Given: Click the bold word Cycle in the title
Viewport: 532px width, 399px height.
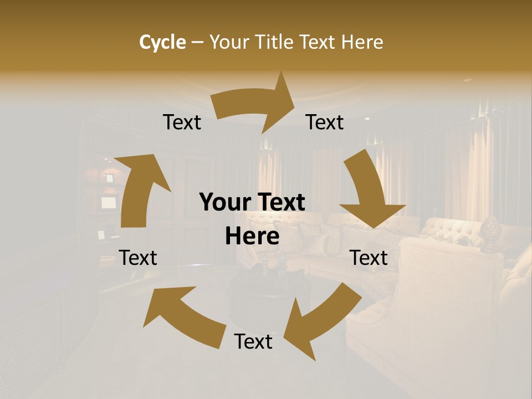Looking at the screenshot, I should (x=162, y=42).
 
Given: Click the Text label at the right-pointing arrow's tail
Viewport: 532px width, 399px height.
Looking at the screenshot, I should (x=182, y=122).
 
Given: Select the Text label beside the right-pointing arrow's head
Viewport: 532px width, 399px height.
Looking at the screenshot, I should (x=325, y=122).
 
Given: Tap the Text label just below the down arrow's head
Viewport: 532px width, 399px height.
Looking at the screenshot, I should (x=369, y=258).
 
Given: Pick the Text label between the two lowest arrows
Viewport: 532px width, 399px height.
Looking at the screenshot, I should (x=253, y=342).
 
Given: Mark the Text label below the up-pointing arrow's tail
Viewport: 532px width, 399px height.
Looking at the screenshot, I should (x=138, y=258).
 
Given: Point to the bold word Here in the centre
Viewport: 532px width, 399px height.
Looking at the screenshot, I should (x=252, y=237).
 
